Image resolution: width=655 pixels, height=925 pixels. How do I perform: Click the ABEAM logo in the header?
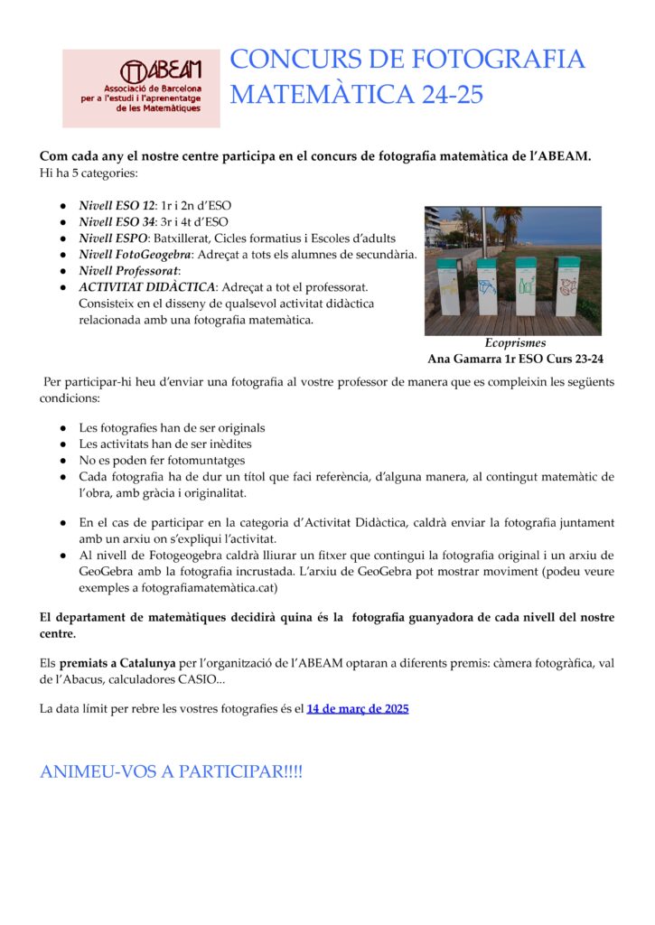[x=141, y=88]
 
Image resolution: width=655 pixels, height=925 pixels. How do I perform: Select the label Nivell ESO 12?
[x=117, y=206]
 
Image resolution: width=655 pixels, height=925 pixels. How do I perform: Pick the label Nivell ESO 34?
[x=117, y=222]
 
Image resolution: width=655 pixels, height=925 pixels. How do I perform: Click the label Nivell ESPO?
[x=114, y=238]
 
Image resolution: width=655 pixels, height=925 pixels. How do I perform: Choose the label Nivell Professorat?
[x=129, y=271]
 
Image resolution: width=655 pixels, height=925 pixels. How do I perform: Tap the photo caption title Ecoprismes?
[x=515, y=343]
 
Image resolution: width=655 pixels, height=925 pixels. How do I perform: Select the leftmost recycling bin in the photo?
[x=449, y=285]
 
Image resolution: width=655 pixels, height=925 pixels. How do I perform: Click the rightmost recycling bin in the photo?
[x=567, y=285]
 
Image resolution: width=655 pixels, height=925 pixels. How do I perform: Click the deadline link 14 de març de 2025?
[x=358, y=709]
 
